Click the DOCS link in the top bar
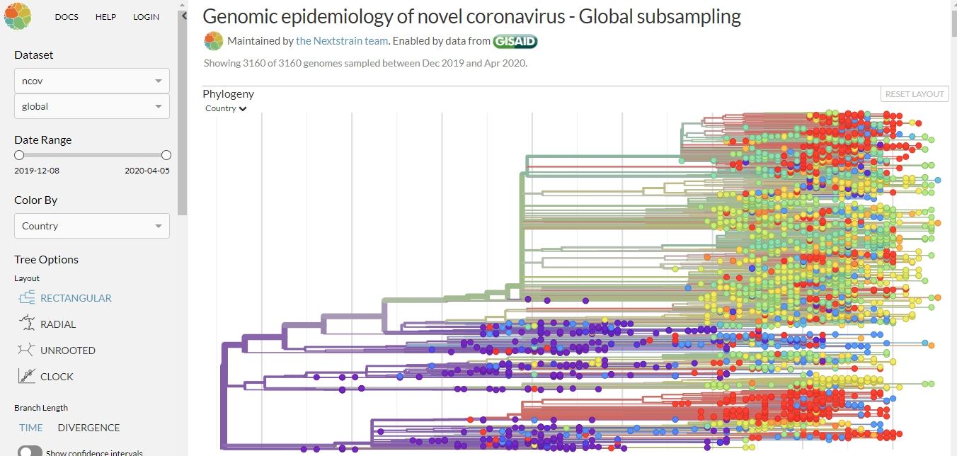pyautogui.click(x=67, y=17)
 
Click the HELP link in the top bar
pyautogui.click(x=105, y=17)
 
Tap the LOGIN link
pyautogui.click(x=146, y=17)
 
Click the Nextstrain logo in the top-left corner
pyautogui.click(x=18, y=16)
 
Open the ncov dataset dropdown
pyautogui.click(x=92, y=81)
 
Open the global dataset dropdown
pyautogui.click(x=92, y=106)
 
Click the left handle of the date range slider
pyautogui.click(x=19, y=155)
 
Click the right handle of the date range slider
pyautogui.click(x=166, y=155)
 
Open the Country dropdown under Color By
pyautogui.click(x=92, y=226)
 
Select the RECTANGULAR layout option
pyautogui.click(x=76, y=298)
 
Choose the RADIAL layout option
pyautogui.click(x=58, y=324)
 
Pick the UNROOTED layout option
pyautogui.click(x=67, y=350)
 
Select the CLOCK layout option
pyautogui.click(x=57, y=377)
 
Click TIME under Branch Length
pyautogui.click(x=31, y=428)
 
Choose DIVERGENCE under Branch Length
pyautogui.click(x=88, y=428)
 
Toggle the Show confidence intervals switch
pyautogui.click(x=30, y=452)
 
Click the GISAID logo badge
pyautogui.click(x=515, y=41)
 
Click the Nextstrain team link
pyautogui.click(x=342, y=41)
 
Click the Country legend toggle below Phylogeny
pyautogui.click(x=226, y=109)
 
